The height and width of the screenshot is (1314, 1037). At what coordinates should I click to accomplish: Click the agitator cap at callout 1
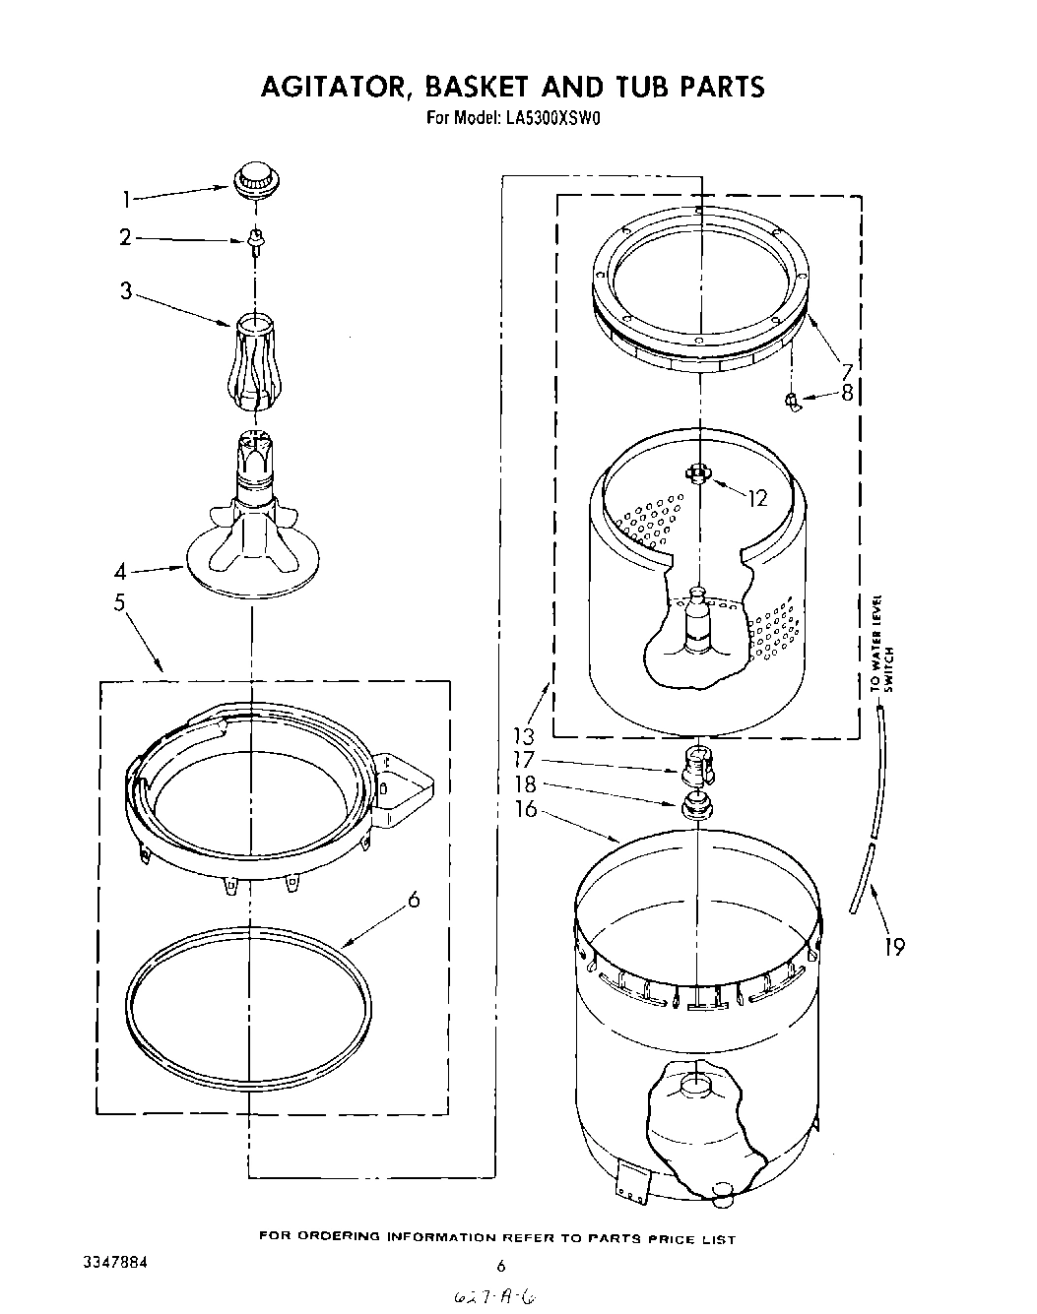pyautogui.click(x=255, y=181)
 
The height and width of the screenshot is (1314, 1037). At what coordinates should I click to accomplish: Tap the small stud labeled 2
pyautogui.click(x=256, y=239)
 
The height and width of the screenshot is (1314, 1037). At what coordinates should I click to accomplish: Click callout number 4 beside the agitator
pyautogui.click(x=119, y=571)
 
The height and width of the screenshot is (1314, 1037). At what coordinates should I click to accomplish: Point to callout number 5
pyautogui.click(x=119, y=603)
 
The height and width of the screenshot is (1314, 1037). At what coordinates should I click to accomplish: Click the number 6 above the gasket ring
pyautogui.click(x=414, y=899)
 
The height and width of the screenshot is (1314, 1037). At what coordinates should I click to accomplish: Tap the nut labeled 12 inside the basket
pyautogui.click(x=697, y=473)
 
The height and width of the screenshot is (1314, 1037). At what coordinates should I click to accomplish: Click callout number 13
pyautogui.click(x=523, y=736)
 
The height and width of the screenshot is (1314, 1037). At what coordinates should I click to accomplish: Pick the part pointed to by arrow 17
pyautogui.click(x=697, y=761)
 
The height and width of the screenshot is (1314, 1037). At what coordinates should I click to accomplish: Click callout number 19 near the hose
pyautogui.click(x=894, y=947)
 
